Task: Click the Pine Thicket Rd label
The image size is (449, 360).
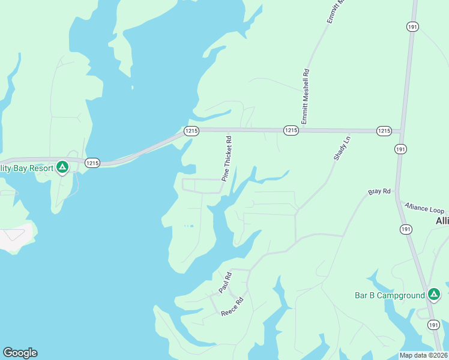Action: point(227,158)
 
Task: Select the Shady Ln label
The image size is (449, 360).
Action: point(341,148)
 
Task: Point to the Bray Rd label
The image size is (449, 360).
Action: point(379,192)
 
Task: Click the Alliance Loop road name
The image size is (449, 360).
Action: point(424,208)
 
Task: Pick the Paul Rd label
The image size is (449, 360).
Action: point(224,283)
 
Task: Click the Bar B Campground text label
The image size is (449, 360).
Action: point(389,295)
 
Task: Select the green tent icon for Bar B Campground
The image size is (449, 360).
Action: point(433,294)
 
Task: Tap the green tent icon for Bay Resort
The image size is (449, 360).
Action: point(62,167)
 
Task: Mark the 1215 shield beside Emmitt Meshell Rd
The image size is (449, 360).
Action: point(291,130)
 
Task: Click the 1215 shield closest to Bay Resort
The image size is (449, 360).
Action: point(92,163)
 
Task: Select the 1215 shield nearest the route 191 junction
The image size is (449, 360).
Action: point(384,130)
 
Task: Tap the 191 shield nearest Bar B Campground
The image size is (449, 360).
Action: point(433,325)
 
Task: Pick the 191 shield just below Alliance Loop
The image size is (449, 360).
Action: point(406,229)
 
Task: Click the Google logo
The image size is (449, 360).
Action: point(20,353)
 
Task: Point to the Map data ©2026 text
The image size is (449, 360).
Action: point(423,355)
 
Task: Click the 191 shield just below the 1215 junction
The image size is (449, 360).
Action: point(400,149)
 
